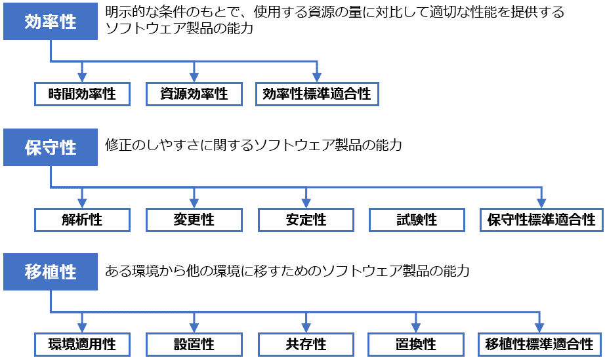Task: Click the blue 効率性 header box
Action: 51,22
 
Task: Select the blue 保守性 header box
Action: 51,148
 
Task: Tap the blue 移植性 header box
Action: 51,272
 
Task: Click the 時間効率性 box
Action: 82,94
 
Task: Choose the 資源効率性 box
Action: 194,94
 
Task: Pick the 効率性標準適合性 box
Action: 317,94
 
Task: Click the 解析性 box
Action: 82,219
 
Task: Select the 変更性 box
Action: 194,219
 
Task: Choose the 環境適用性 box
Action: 82,344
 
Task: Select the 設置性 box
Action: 194,344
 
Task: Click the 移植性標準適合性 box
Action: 539,344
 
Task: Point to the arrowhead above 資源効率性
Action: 194,77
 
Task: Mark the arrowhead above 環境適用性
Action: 82,327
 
